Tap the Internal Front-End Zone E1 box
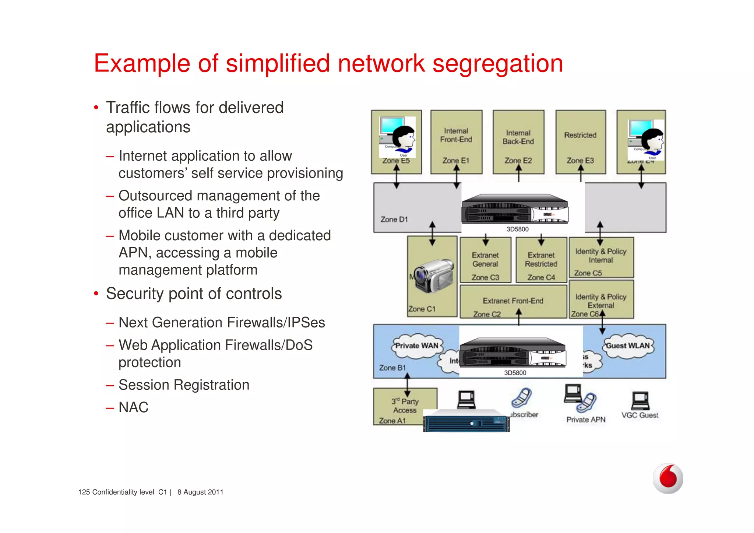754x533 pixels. coord(456,142)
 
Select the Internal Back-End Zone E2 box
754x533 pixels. coord(518,142)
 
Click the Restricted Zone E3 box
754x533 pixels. coord(580,142)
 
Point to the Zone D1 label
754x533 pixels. coord(394,220)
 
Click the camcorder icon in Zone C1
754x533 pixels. coord(433,276)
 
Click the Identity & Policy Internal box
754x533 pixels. coord(601,257)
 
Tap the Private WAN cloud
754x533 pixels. coord(416,346)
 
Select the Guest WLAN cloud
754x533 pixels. coord(628,346)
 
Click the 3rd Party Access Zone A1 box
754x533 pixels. coord(404,406)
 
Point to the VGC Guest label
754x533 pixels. coord(640,415)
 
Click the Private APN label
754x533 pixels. coord(586,420)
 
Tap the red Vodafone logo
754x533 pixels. coord(668,478)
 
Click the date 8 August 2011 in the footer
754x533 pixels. coord(200,492)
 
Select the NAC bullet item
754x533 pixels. coord(133,407)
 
